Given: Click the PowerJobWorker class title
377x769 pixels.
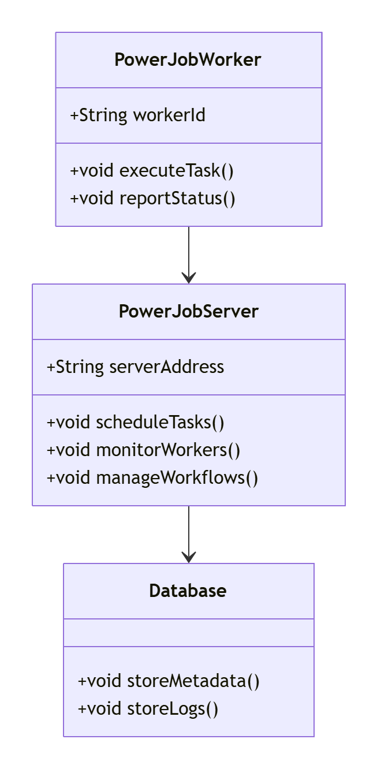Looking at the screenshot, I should (x=188, y=60).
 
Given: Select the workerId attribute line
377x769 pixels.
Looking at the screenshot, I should (x=137, y=115).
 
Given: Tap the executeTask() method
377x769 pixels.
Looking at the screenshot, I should (x=152, y=171).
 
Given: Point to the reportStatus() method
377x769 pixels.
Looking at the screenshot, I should (x=152, y=199).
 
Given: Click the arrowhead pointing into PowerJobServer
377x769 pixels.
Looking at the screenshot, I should (x=189, y=278).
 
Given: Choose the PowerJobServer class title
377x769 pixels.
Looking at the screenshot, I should (x=188, y=312).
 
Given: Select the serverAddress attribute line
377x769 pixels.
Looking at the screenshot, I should (x=136, y=367).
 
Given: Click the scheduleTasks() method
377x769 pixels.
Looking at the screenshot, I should (x=136, y=423).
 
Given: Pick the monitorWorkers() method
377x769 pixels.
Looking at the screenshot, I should (x=143, y=450).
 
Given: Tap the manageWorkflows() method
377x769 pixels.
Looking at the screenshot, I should (x=152, y=478).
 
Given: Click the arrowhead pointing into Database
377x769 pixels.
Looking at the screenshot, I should (x=189, y=557).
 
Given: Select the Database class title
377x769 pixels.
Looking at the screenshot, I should (x=188, y=591).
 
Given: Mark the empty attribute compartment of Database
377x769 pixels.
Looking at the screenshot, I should (x=188, y=633).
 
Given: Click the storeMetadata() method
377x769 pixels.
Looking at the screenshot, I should (x=169, y=681).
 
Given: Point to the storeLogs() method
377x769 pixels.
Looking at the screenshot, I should (x=148, y=709).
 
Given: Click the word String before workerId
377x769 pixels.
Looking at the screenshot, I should (x=103, y=115).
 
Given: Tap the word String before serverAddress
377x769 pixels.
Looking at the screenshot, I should (x=80, y=367).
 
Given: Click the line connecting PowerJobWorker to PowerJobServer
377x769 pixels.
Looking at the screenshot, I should (x=189, y=248).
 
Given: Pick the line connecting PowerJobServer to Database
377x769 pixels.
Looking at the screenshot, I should (x=189, y=528).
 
